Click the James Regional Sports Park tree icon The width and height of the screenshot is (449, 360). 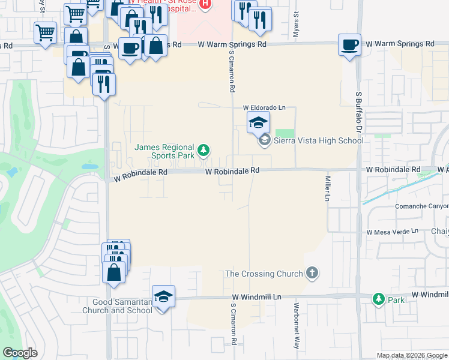[204, 150]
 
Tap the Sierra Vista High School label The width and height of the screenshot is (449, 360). [318, 140]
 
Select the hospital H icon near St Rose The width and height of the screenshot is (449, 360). [205, 5]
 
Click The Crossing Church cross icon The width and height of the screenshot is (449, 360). [312, 274]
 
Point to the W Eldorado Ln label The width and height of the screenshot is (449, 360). [264, 108]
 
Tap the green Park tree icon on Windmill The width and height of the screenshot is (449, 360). [378, 298]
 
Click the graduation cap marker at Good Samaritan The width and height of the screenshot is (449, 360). [163, 296]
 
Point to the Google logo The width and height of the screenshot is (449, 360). [20, 353]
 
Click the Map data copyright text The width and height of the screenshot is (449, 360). [411, 355]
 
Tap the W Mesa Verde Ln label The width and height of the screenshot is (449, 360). [392, 232]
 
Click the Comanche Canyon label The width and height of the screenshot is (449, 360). [421, 206]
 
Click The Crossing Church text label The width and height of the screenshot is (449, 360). [264, 274]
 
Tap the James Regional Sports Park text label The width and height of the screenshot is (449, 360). [164, 151]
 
